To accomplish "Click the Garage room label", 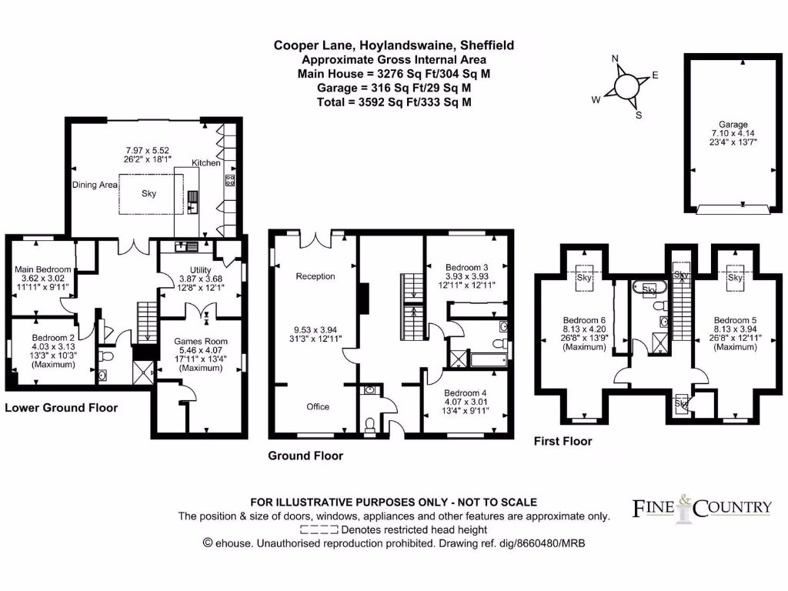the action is pos(733,125).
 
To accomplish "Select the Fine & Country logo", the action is pos(701,508).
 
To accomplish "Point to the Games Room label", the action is pos(200,341).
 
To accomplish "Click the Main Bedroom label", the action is pos(43,269).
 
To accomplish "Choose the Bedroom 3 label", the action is pos(469,267).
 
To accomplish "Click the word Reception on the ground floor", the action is pos(316,276).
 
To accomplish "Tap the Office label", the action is pos(317,406).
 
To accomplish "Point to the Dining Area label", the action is pos(95,185).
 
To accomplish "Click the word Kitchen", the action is pos(206,163).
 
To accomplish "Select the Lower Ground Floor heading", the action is pos(62,407).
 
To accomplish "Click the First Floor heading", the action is pos(563,441).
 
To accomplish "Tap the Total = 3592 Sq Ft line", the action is pos(394,102).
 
